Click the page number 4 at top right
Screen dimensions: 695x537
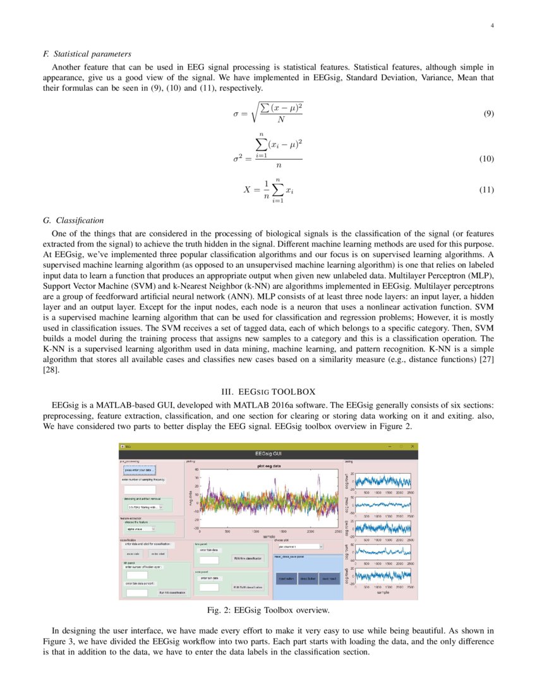point(492,26)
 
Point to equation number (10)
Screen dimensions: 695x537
point(486,159)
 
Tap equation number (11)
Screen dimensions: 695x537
point(486,190)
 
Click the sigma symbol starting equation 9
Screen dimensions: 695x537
point(235,114)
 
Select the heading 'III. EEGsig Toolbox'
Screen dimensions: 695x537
point(268,392)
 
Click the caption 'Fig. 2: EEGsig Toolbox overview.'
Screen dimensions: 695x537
point(268,610)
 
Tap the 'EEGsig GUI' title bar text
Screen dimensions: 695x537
point(268,454)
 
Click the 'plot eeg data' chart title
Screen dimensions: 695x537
point(268,466)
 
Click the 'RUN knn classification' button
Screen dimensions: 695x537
point(247,559)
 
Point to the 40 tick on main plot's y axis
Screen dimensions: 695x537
point(196,469)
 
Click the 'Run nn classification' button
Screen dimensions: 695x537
point(172,593)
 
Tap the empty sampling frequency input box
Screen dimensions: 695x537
point(140,490)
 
